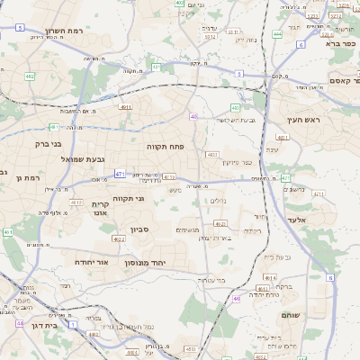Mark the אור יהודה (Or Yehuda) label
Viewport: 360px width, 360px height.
pyautogui.click(x=91, y=262)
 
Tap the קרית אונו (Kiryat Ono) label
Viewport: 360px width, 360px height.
pyautogui.click(x=100, y=210)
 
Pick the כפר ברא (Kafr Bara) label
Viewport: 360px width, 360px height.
pyautogui.click(x=343, y=42)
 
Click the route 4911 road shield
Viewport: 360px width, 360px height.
pyautogui.click(x=125, y=107)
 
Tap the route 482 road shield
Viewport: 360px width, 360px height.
pyautogui.click(x=30, y=76)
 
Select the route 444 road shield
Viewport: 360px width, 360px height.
pyautogui.click(x=277, y=33)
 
